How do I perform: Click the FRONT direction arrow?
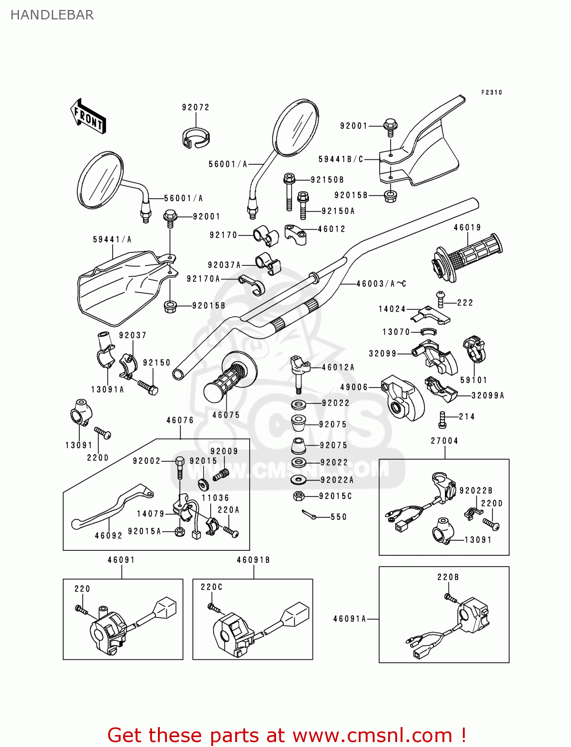[x=88, y=116]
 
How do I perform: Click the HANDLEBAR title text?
[x=52, y=15]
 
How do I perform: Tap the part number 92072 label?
[x=195, y=108]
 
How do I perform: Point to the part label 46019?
[x=467, y=228]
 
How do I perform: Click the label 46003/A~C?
[x=381, y=284]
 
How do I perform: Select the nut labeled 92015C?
[x=299, y=496]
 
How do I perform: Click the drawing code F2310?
[x=491, y=93]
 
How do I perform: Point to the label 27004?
[x=444, y=441]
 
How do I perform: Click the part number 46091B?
[x=253, y=560]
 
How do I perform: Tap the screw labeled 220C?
[x=213, y=607]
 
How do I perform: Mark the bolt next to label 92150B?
[x=289, y=191]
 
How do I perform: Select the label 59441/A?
[x=112, y=240]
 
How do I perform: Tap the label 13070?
[x=396, y=332]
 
